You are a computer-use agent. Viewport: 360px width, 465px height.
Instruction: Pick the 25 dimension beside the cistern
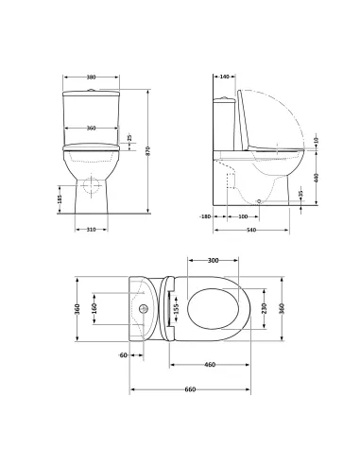129,140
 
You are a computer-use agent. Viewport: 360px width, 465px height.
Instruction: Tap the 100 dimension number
243,216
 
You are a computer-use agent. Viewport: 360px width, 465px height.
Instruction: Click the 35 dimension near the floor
301,195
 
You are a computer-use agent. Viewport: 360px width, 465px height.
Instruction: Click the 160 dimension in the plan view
93,307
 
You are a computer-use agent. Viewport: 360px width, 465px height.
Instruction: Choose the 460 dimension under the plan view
210,364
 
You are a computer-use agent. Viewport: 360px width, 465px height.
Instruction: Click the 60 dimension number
122,353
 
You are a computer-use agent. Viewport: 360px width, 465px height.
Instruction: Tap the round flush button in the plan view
142,307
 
